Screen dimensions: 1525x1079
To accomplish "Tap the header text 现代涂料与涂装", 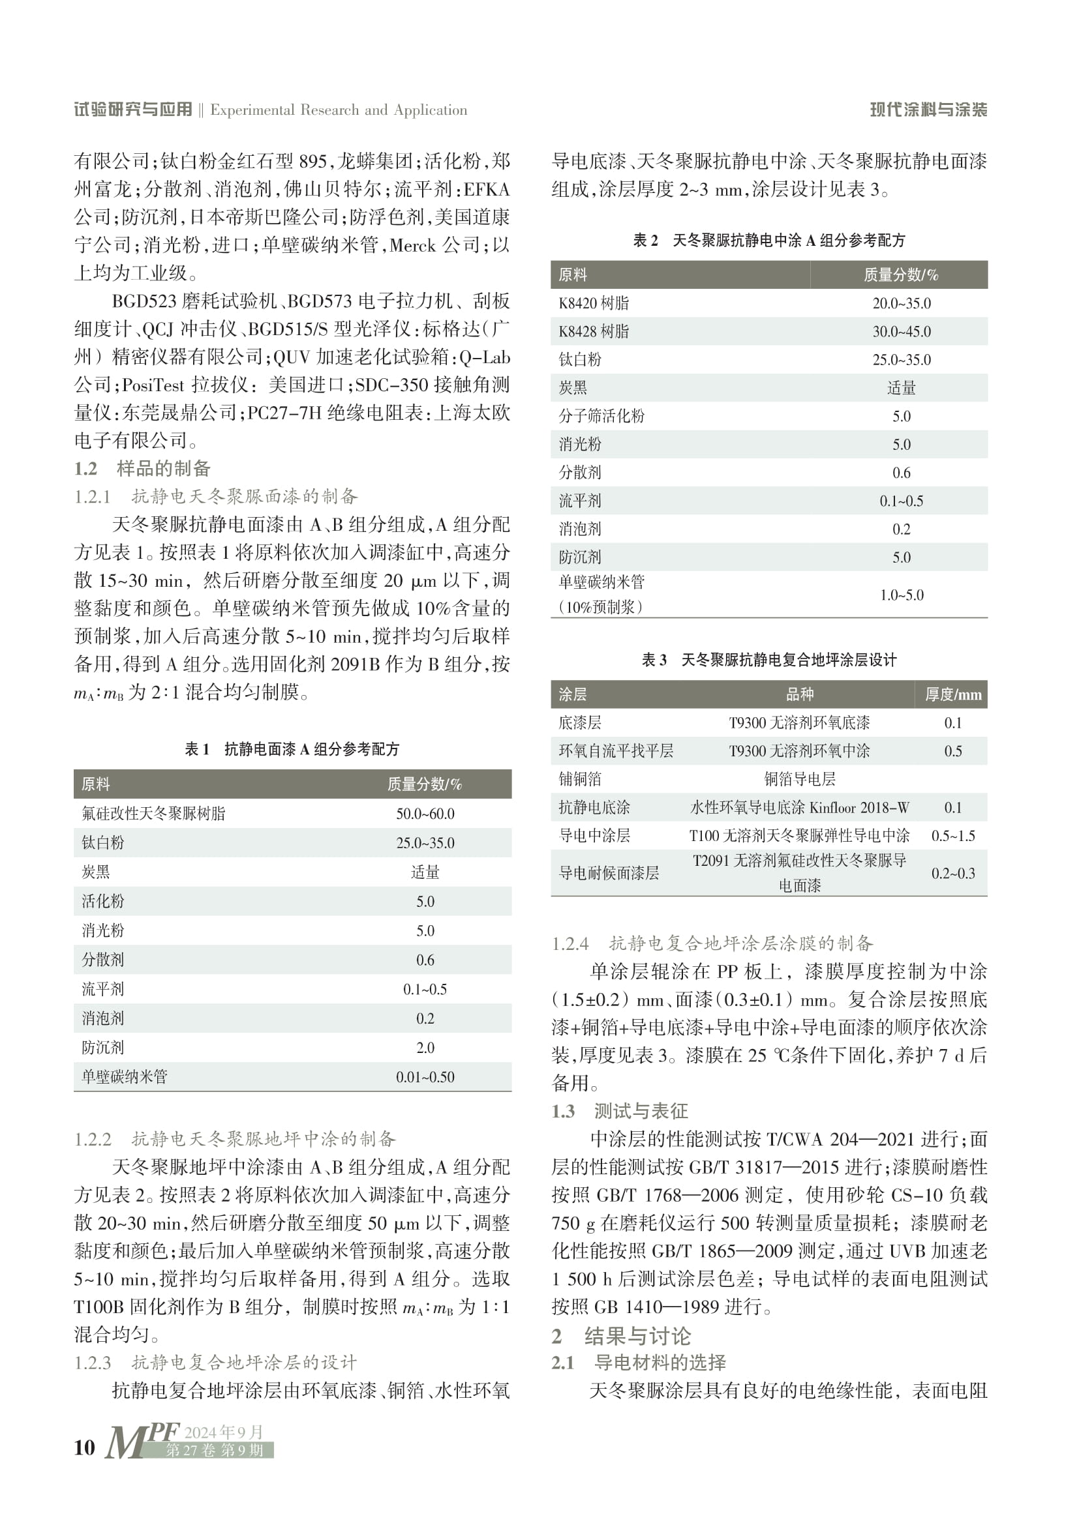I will click(x=928, y=110).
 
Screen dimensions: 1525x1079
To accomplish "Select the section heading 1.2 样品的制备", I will click(x=142, y=468).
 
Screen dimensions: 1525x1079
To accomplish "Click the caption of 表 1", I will click(x=292, y=749).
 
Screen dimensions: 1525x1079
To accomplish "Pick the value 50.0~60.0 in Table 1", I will click(x=425, y=814).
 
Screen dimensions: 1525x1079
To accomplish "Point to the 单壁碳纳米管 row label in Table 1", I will click(x=124, y=1076).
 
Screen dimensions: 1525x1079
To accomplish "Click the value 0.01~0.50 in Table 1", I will click(x=425, y=1076).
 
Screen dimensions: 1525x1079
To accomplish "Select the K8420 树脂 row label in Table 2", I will click(x=593, y=304).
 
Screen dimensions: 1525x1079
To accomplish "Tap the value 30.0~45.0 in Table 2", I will click(x=902, y=331).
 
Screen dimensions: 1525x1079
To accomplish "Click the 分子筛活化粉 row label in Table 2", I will click(x=601, y=416).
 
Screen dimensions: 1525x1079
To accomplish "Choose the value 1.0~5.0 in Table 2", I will click(x=902, y=595).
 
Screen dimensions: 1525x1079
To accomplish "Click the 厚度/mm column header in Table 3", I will click(x=952, y=695).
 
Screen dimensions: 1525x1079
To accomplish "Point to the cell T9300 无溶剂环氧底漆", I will click(x=799, y=722).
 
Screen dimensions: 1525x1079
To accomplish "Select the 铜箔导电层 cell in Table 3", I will click(x=799, y=779).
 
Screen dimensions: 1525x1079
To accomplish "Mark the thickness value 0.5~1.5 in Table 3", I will click(x=952, y=836).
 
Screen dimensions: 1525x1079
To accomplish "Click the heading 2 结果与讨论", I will click(x=621, y=1336).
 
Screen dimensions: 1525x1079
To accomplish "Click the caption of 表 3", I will click(x=768, y=660).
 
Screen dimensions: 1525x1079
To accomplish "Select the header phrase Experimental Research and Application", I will click(x=338, y=110).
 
